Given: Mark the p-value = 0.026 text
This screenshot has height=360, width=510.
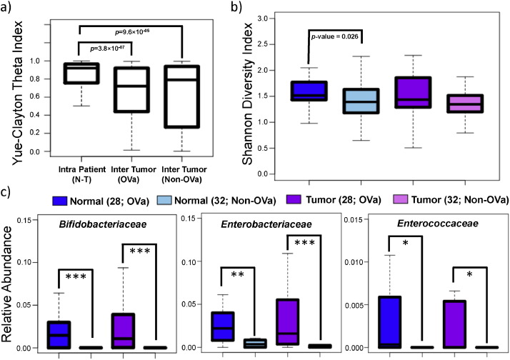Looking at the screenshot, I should click(335, 33).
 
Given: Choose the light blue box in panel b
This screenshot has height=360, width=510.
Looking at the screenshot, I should click(359, 101).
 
